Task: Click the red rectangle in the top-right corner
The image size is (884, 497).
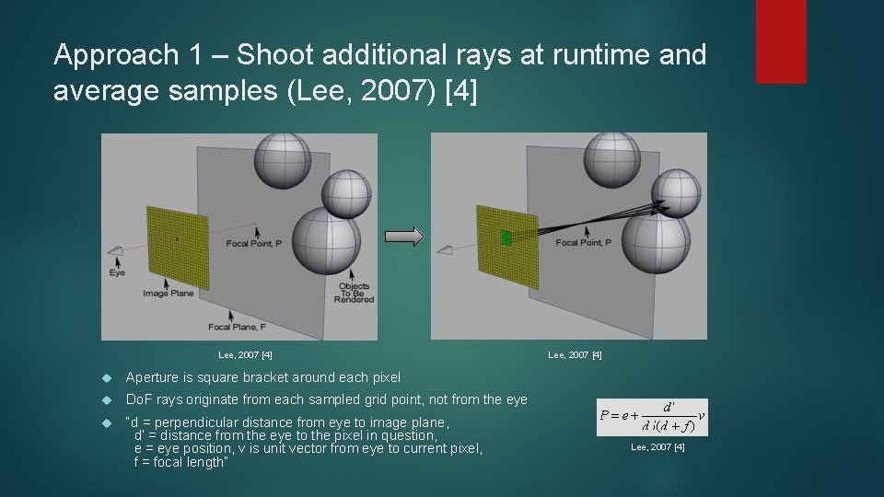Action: click(781, 41)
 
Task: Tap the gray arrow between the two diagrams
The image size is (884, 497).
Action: click(403, 237)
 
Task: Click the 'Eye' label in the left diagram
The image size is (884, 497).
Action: click(117, 272)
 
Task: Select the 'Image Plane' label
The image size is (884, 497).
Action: click(169, 294)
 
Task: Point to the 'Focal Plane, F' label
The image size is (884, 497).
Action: click(237, 327)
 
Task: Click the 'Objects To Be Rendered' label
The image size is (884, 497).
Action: click(354, 292)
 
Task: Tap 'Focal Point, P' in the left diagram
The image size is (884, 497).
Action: click(254, 243)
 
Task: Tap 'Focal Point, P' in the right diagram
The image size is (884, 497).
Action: click(584, 243)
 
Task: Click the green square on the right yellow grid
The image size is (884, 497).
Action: click(506, 238)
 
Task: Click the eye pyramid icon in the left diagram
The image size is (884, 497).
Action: click(115, 251)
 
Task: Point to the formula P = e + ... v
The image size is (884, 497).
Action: click(652, 417)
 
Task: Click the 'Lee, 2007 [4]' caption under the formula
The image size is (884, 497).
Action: click(657, 447)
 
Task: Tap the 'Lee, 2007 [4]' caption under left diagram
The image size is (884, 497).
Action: click(245, 354)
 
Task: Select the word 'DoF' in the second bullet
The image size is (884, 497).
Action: click(138, 399)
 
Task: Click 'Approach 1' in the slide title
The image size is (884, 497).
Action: click(115, 55)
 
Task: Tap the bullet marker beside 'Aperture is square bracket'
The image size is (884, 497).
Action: click(106, 378)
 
